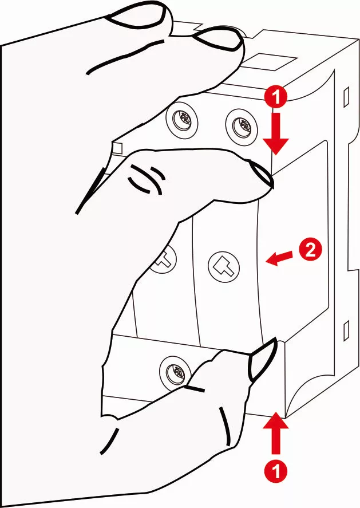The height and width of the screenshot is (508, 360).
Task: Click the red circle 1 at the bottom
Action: pos(276,472)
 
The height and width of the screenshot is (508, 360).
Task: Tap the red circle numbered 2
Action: pos(308,250)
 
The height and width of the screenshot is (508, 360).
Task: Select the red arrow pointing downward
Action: pos(276,133)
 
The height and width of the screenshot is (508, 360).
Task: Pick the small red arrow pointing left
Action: pos(278,259)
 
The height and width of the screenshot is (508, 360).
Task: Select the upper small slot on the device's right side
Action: pos(345,96)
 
